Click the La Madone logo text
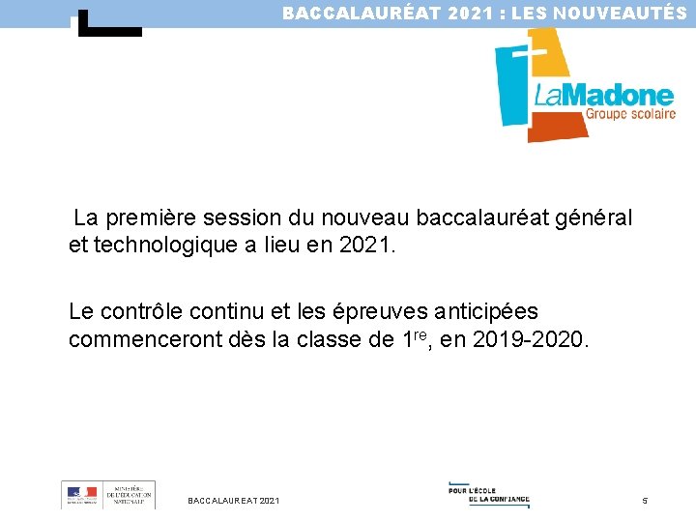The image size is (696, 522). tap(603, 94)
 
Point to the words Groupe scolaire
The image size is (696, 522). tap(629, 113)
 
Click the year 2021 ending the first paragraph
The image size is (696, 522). tap(367, 246)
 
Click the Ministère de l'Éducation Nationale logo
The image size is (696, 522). tap(107, 495)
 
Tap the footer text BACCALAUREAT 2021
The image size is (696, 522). tap(234, 500)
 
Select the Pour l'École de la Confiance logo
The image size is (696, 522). tap(489, 494)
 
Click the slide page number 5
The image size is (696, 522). tap(645, 500)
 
